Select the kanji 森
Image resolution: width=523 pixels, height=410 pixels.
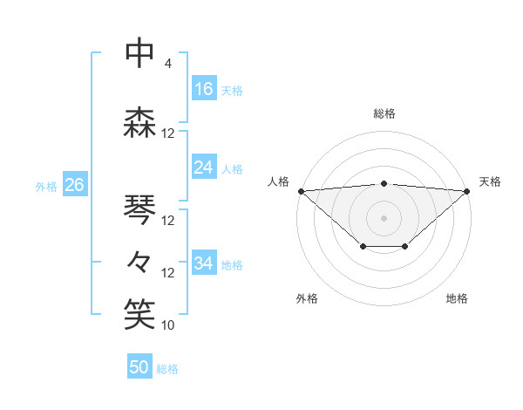click(x=139, y=122)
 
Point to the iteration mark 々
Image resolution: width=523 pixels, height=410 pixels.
click(x=139, y=261)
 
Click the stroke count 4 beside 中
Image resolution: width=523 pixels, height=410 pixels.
click(x=167, y=64)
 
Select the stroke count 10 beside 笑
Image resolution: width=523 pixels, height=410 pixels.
click(x=168, y=325)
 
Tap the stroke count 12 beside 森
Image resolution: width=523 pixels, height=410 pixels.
click(x=168, y=133)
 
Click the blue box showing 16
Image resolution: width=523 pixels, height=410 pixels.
click(x=204, y=88)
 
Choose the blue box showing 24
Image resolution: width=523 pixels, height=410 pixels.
click(x=204, y=167)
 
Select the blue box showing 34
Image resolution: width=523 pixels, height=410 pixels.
click(x=204, y=263)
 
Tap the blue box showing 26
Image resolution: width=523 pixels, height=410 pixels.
click(x=74, y=185)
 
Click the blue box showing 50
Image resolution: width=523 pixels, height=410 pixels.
click(x=139, y=367)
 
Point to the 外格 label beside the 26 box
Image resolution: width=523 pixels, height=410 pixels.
click(x=46, y=186)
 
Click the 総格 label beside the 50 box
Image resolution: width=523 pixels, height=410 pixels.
click(x=167, y=369)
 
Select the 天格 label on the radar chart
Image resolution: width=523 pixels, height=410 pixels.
click(x=490, y=181)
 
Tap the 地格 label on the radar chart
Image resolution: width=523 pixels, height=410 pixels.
click(x=457, y=299)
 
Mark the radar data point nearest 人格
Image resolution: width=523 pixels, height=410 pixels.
click(x=301, y=191)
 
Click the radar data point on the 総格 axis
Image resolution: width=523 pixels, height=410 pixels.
click(x=384, y=183)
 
